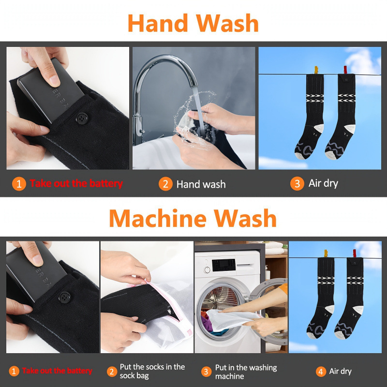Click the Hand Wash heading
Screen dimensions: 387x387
pos(193,23)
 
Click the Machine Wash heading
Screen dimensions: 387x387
pos(193,218)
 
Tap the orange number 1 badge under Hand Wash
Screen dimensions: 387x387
pos(19,184)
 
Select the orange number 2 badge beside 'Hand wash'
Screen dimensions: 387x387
pos(165,184)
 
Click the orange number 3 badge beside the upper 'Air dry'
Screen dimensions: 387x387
pos(297,183)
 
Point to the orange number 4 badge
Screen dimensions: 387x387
pos(321,372)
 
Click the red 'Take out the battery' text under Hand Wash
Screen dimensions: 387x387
pos(76,184)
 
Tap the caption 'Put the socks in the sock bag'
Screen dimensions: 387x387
pos(152,372)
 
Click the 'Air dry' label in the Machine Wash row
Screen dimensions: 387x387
pos(341,372)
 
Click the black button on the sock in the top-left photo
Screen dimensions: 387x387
pos(82,118)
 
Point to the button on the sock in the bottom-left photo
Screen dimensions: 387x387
pos(64,298)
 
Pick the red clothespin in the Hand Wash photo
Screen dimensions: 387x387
pos(345,71)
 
